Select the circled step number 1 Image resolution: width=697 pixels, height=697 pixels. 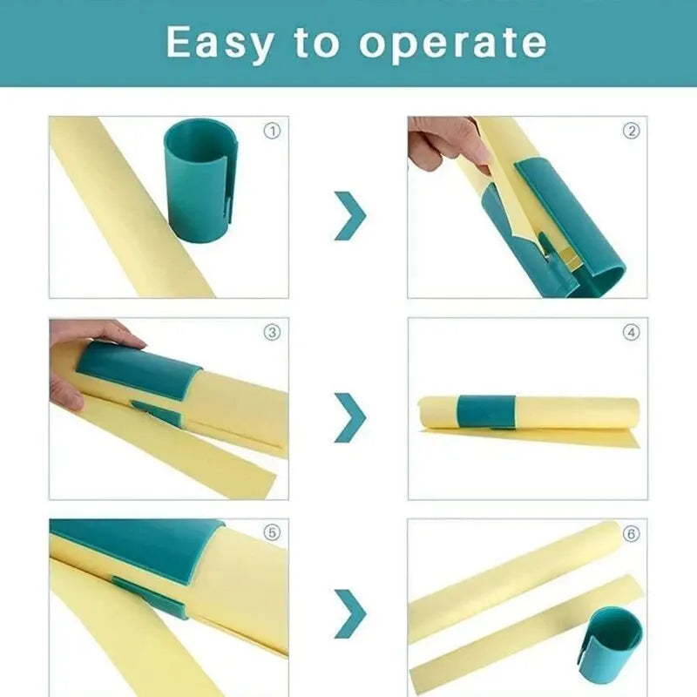tap(272, 132)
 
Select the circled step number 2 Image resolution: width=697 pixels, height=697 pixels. tap(631, 132)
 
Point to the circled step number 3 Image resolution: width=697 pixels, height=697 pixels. tap(272, 333)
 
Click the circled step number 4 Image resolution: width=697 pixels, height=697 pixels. tap(631, 333)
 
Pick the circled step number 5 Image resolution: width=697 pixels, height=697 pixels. tap(272, 533)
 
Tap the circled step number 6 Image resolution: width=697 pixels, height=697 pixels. tap(631, 533)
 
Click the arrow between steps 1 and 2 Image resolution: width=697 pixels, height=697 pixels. tap(350, 215)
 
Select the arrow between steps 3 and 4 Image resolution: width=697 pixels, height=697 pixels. tap(350, 416)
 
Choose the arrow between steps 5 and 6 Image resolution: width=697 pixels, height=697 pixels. tap(350, 613)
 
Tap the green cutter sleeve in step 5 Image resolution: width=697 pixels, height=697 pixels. tap(139, 549)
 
